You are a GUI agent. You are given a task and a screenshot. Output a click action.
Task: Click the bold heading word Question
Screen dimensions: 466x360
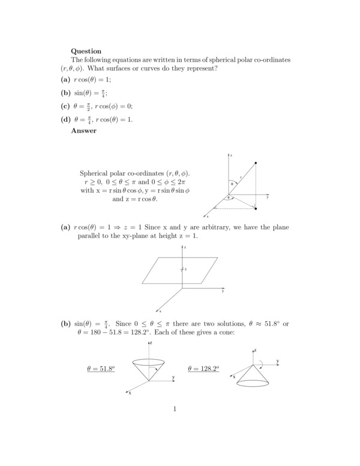click(x=86, y=51)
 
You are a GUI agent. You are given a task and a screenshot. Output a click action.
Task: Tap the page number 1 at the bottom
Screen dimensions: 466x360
click(x=174, y=410)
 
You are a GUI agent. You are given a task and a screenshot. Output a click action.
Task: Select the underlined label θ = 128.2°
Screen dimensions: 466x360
click(x=203, y=368)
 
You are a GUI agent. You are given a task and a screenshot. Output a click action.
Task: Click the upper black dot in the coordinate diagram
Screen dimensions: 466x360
click(x=256, y=163)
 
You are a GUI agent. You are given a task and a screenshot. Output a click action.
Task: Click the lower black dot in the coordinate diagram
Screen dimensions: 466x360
click(x=256, y=209)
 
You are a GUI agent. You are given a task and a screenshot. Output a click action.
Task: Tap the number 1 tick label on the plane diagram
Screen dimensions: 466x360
click(x=186, y=269)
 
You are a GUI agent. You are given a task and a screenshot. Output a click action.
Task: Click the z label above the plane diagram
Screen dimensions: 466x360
click(x=186, y=247)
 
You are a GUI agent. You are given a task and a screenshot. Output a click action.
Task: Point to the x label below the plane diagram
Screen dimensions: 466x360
click(x=159, y=311)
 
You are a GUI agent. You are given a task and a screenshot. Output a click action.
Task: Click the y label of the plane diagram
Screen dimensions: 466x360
click(x=223, y=291)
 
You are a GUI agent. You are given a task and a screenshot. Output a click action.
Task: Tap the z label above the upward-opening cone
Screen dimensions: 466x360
click(x=151, y=342)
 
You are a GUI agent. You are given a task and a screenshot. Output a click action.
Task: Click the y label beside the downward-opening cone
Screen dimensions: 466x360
click(x=278, y=362)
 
